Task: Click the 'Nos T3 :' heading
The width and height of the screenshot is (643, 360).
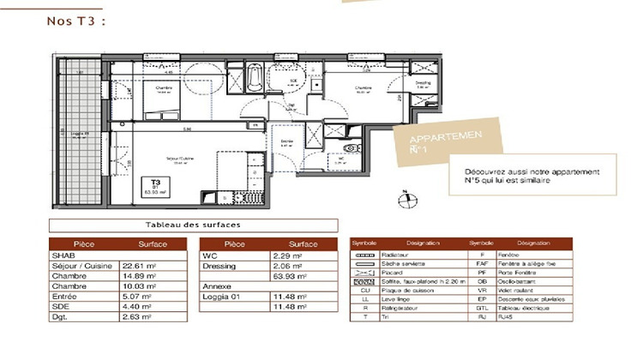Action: pos(75,21)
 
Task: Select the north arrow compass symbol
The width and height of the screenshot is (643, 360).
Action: pos(402,201)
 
